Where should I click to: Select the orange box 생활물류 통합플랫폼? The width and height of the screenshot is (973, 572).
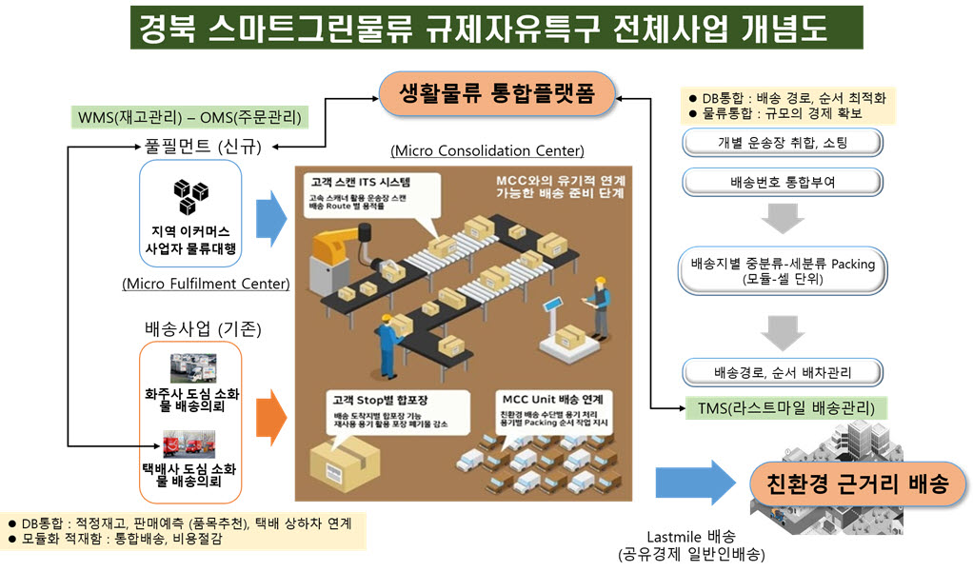(x=496, y=94)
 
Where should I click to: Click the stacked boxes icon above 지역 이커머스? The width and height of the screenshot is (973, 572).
(x=190, y=197)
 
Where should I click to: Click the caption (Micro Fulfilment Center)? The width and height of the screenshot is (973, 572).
(x=206, y=284)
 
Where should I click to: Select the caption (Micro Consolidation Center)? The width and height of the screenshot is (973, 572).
(x=486, y=151)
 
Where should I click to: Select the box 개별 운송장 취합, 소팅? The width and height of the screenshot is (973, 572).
(x=782, y=143)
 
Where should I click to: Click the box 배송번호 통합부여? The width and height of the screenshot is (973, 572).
(x=782, y=181)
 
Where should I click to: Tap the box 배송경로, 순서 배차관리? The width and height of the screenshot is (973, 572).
(x=782, y=372)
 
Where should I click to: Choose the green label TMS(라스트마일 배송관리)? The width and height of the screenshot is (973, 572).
(x=785, y=409)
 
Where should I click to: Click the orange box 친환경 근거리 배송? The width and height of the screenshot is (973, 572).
(x=858, y=483)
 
